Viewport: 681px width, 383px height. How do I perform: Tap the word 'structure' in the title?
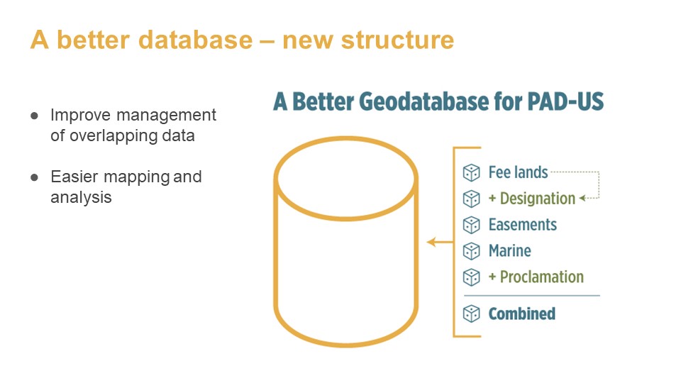click(397, 40)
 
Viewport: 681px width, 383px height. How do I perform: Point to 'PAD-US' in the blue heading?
click(565, 101)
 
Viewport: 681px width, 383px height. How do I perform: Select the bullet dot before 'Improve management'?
click(34, 116)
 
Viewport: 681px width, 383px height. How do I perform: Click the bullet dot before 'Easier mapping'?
click(34, 177)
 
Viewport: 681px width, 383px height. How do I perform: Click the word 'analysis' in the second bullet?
click(81, 198)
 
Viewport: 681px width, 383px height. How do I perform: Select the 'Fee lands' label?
click(518, 172)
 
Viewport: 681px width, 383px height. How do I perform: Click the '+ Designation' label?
click(532, 199)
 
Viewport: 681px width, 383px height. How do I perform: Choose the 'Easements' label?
click(523, 225)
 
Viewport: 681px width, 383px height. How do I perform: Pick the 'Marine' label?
click(510, 250)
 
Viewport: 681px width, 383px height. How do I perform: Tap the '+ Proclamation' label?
click(536, 277)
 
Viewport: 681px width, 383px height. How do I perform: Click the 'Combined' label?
click(522, 313)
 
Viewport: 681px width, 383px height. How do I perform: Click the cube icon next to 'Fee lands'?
click(471, 173)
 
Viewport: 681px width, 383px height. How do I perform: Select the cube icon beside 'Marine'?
click(471, 251)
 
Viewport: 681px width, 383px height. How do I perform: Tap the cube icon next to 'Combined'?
click(471, 313)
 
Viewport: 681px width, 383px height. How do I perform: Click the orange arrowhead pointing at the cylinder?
click(431, 242)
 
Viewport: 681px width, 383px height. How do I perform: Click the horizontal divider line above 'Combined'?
click(532, 296)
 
